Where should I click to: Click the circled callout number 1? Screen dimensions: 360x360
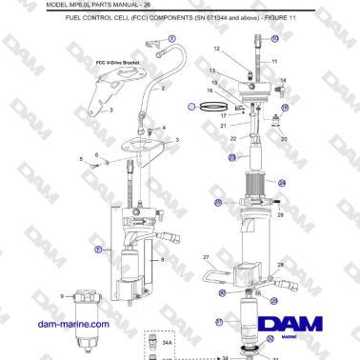click(x=172, y=37)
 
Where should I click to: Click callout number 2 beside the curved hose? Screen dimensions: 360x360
click(x=163, y=88)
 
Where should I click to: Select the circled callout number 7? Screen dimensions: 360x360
click(x=99, y=249)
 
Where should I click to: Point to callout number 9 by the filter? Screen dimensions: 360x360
click(x=63, y=297)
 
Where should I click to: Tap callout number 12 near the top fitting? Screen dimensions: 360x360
click(x=216, y=48)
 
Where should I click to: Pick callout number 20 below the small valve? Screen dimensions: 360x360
click(x=283, y=138)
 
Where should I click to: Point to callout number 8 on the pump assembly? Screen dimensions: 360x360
click(x=163, y=259)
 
